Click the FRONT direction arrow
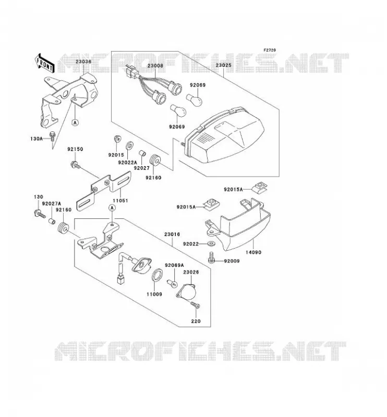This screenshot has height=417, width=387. coord(45,63)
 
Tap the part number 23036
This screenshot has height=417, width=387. coord(83,62)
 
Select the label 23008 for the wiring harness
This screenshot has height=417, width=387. coord(155,66)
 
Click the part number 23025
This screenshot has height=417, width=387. coord(224,65)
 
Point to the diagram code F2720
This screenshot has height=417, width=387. coord(270,50)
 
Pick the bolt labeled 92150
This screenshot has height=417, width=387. coord(75,165)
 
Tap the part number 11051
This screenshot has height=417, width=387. coord(120,201)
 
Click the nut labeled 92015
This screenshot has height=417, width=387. coord(117,139)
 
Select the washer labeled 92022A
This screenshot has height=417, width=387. coord(130,145)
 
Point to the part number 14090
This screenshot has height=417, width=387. coord(253,252)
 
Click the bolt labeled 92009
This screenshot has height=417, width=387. coord(212,257)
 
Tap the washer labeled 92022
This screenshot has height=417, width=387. coord(212,243)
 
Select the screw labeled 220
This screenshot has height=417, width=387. coord(196,305)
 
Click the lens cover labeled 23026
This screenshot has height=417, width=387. coord(187,292)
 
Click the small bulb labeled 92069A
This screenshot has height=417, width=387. coord(172,284)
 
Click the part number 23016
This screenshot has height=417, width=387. coord(172,234)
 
